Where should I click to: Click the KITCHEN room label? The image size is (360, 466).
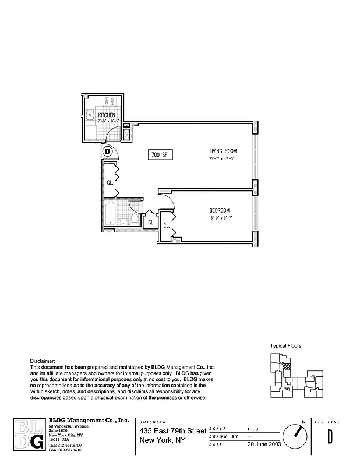(107, 115)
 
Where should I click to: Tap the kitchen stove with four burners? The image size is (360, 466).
(110, 101)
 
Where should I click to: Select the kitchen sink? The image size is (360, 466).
(90, 115)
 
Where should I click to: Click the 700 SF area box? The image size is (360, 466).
(158, 155)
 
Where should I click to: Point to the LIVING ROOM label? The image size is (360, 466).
(223, 151)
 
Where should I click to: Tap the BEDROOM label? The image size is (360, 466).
(220, 210)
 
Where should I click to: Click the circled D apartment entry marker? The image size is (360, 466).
(107, 151)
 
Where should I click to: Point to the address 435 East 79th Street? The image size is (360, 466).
(172, 430)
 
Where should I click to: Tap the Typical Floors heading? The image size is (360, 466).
(285, 345)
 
